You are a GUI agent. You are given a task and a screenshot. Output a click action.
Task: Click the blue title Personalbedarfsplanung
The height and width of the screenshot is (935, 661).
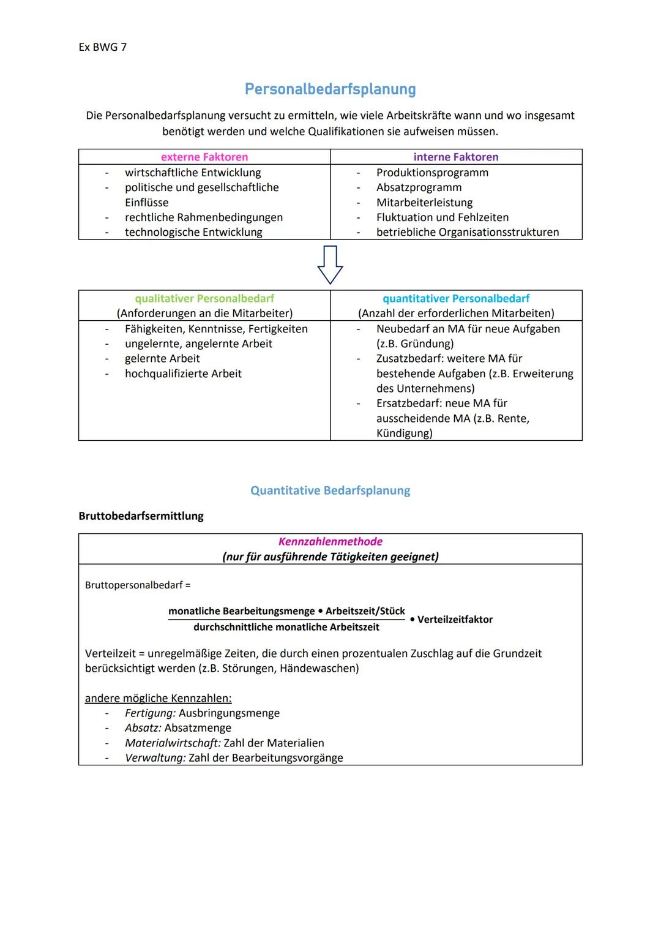[x=330, y=89]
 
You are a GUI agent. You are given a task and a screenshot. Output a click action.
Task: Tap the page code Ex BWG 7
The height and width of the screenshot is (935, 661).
[x=102, y=47]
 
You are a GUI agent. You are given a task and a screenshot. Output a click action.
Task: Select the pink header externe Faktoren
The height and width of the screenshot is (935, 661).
[x=204, y=157]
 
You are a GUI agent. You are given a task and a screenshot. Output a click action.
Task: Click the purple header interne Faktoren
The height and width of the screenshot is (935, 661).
[x=456, y=157]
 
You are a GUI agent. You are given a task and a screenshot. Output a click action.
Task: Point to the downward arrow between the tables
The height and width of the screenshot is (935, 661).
[x=330, y=265]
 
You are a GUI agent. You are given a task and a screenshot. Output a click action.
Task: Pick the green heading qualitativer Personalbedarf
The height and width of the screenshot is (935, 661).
[x=204, y=299]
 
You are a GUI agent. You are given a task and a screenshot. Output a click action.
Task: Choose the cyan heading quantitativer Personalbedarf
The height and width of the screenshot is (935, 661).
[x=456, y=299]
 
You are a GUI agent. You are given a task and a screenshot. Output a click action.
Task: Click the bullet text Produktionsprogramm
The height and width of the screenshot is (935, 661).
[x=432, y=173]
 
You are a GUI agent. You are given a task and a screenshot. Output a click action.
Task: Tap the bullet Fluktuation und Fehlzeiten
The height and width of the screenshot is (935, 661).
[x=442, y=217]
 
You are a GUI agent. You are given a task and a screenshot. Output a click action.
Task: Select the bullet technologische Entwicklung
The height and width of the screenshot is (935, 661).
[x=193, y=232]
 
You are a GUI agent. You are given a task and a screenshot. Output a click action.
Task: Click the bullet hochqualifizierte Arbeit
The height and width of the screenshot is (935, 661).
[x=183, y=374]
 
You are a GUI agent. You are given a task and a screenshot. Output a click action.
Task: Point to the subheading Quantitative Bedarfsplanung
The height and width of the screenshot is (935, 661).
[x=330, y=490]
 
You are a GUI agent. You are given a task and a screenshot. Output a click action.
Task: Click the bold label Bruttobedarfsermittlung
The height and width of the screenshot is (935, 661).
[x=141, y=516]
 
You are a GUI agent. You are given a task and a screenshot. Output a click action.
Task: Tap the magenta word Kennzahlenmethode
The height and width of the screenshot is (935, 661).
[x=330, y=542]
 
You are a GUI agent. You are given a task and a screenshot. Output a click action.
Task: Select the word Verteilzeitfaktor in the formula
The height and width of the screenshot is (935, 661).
[x=454, y=620]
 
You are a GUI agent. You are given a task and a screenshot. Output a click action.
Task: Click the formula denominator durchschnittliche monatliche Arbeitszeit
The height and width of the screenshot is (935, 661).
[x=286, y=627]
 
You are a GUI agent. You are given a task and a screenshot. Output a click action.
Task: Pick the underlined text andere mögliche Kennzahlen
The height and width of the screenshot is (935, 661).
[x=158, y=699]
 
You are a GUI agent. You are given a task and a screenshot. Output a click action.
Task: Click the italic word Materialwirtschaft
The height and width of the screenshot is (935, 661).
[x=173, y=743]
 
